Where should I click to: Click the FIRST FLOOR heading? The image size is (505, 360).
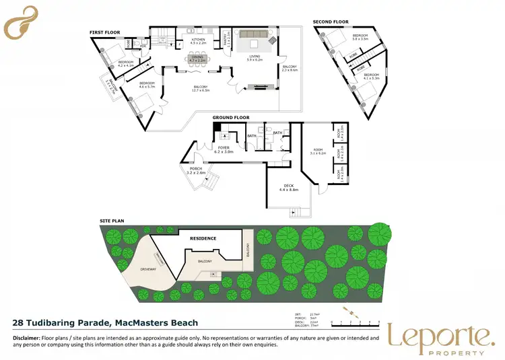pyautogui.click(x=104, y=32)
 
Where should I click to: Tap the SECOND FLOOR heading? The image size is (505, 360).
pyautogui.click(x=330, y=22)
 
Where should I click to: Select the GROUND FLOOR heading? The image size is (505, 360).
pyautogui.click(x=231, y=117)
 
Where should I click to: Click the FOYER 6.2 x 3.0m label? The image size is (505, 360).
pyautogui.click(x=224, y=149)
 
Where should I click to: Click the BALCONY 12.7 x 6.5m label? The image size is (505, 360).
pyautogui.click(x=201, y=88)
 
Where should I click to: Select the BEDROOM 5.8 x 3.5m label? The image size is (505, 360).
pyautogui.click(x=361, y=37)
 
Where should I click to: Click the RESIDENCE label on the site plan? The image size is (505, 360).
pyautogui.click(x=202, y=238)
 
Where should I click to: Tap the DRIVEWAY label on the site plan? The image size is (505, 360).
pyautogui.click(x=148, y=268)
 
